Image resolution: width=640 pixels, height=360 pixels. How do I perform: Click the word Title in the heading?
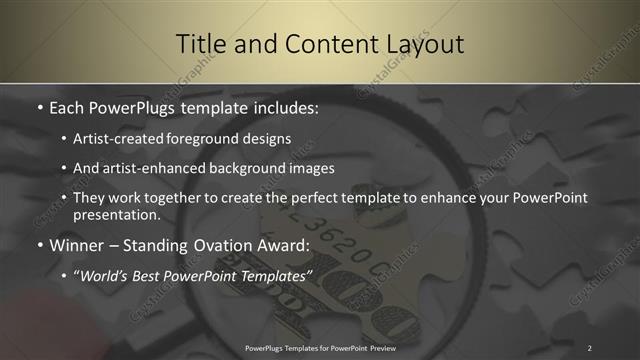click(x=201, y=44)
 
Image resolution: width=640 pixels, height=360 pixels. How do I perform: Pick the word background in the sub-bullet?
click(x=231, y=168)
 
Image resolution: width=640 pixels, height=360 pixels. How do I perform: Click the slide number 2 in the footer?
click(x=590, y=347)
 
